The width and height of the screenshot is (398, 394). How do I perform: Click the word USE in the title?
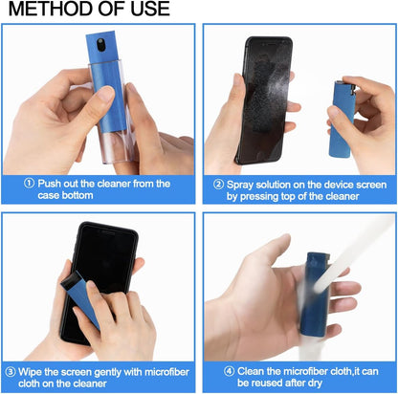[x=147, y=10]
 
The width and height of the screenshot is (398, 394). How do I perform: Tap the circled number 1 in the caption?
[x=31, y=184]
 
